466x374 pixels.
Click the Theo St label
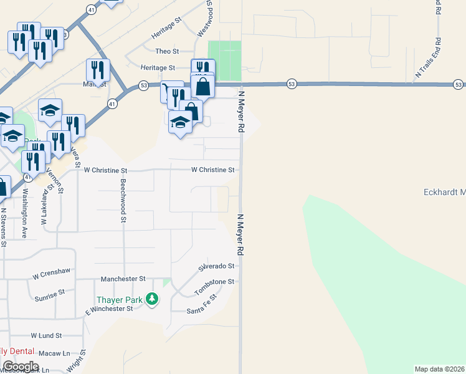point(167,51)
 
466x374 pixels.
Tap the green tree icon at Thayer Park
point(151,300)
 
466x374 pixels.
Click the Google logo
point(21,366)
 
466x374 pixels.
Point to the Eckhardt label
point(444,192)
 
